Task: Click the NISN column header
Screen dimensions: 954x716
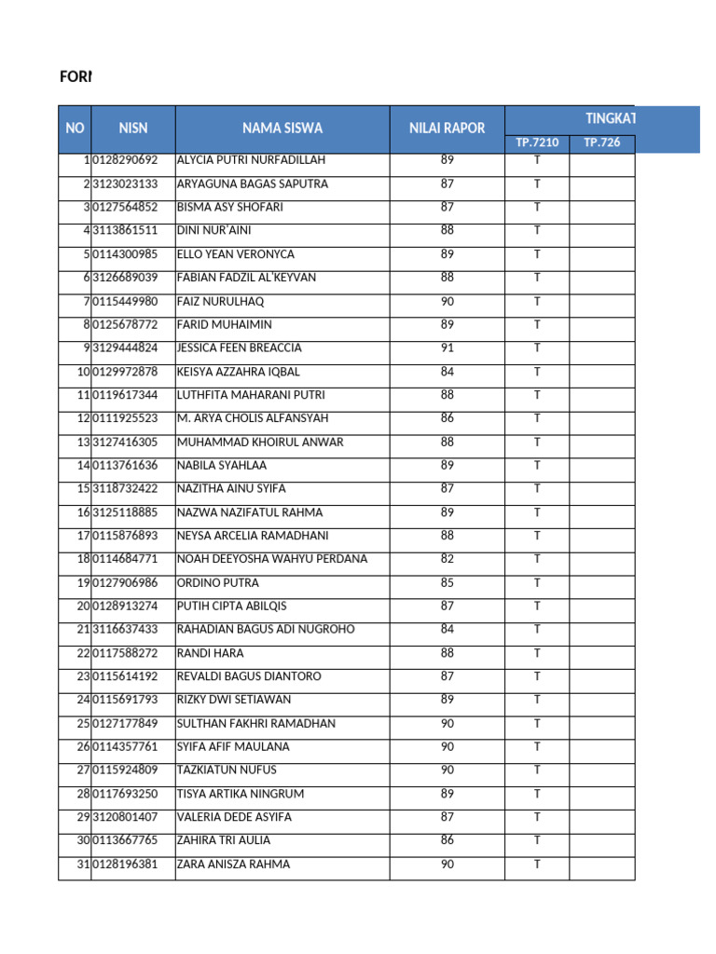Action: tap(132, 129)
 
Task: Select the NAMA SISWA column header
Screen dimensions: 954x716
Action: tap(282, 129)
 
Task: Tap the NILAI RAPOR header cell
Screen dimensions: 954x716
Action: tap(447, 129)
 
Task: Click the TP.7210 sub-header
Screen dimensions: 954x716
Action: tap(537, 143)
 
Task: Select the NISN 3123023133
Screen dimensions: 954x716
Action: tap(125, 184)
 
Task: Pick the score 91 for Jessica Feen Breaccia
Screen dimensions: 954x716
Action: tap(447, 348)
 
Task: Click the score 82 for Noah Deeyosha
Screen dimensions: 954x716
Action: tap(447, 559)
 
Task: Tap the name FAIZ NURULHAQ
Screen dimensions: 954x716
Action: tap(220, 302)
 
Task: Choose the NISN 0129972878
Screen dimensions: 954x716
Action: tap(125, 372)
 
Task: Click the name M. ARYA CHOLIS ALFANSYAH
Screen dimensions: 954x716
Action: tap(253, 418)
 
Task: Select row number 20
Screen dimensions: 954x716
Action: tap(82, 606)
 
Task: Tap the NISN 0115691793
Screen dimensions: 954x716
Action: tap(125, 700)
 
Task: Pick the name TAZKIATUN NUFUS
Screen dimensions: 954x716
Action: tap(227, 770)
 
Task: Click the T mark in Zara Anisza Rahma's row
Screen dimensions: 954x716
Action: tap(537, 865)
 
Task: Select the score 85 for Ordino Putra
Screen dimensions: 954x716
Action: tap(447, 583)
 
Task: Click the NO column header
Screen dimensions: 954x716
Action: tap(75, 129)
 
